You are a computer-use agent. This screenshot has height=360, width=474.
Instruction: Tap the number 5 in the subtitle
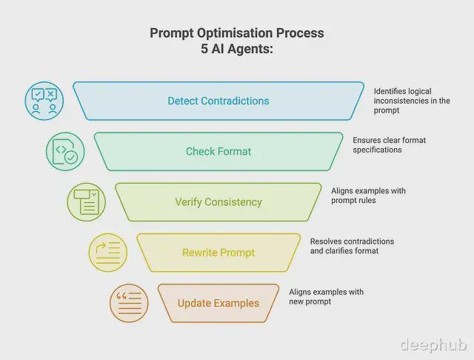[x=204, y=49]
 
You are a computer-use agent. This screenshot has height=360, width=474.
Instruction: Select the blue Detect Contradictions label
[x=218, y=101]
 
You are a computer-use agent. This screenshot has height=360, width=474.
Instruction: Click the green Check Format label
[x=218, y=151]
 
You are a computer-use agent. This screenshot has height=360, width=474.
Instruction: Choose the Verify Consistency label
[x=218, y=202]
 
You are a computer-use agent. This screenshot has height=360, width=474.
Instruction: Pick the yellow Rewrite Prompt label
[x=218, y=253]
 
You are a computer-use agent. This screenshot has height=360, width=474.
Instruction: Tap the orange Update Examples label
[x=218, y=303]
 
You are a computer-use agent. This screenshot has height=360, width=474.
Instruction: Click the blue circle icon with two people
[x=44, y=101]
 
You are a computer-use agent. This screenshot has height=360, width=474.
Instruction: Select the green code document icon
[x=65, y=151]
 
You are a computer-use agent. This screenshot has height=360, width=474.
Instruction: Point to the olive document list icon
[x=87, y=202]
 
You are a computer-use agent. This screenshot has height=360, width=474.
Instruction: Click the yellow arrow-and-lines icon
[x=108, y=253]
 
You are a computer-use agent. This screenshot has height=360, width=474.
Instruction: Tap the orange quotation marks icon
[x=129, y=303]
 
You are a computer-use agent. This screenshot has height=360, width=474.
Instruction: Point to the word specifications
[x=377, y=150]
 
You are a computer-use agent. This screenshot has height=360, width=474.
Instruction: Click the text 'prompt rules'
[x=353, y=201]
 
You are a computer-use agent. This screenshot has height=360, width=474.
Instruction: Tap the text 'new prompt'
[x=310, y=301]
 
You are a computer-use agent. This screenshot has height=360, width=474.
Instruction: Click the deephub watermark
[x=433, y=345]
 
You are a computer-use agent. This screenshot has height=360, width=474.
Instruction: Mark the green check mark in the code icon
[x=71, y=157]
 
